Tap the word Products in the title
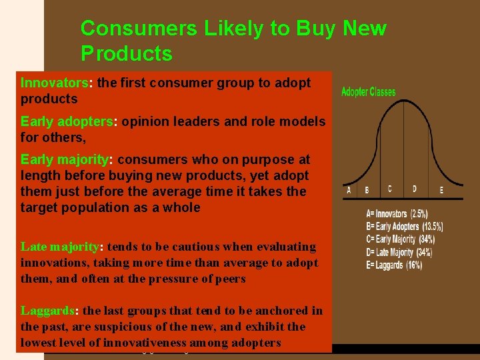tap(126, 53)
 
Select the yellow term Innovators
tap(55, 83)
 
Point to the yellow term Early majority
tap(64, 159)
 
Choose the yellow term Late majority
tap(59, 247)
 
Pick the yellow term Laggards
tap(49, 311)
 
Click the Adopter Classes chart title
tap(368, 92)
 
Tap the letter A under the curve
tap(349, 190)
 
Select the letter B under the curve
tap(366, 190)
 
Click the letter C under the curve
tap(389, 189)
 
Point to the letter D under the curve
tap(414, 189)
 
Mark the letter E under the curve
tap(441, 190)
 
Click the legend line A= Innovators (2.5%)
tap(397, 214)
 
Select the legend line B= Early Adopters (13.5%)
tap(404, 227)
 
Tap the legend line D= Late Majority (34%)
tap(399, 252)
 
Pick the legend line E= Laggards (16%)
tap(394, 265)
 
